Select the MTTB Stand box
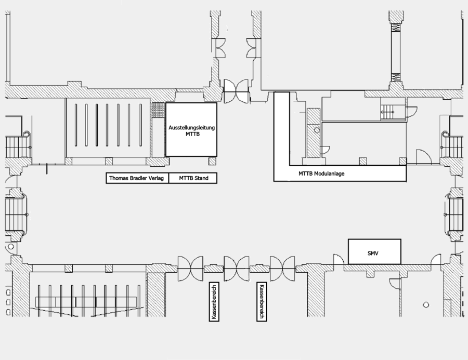pos(193,178)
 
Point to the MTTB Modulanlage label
pos(321,174)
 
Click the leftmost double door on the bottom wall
pos(190,267)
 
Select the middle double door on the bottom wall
pos(237,267)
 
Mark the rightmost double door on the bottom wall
pos(282,267)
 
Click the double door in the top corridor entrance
pos(237,92)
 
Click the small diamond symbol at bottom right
pos(426,305)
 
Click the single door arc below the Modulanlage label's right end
pos(394,281)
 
